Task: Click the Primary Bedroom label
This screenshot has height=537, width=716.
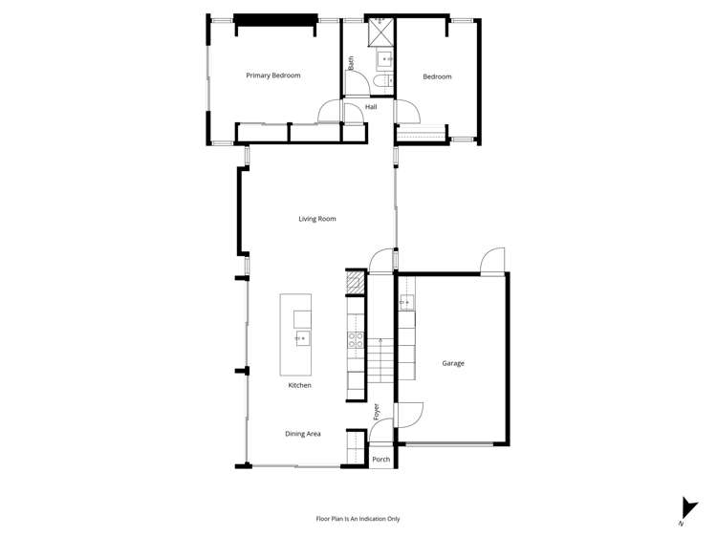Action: tap(273, 75)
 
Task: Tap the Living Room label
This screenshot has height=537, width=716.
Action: tap(317, 219)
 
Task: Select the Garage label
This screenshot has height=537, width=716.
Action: tap(453, 363)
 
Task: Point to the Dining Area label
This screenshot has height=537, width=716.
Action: tap(303, 434)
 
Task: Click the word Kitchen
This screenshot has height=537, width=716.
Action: tap(300, 385)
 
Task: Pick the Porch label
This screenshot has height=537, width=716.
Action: tap(380, 460)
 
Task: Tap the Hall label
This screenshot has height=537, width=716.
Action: tap(371, 107)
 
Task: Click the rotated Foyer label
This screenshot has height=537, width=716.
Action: tap(377, 412)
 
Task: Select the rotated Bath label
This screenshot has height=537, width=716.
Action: tap(351, 63)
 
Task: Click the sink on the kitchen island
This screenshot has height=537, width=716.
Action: tap(301, 338)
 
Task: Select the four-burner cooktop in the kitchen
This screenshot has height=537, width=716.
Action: tap(355, 342)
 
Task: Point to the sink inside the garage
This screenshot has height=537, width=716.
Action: tap(406, 303)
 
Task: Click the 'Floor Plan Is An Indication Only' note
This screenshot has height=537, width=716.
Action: tap(358, 519)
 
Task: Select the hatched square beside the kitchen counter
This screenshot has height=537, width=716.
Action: tap(355, 282)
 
